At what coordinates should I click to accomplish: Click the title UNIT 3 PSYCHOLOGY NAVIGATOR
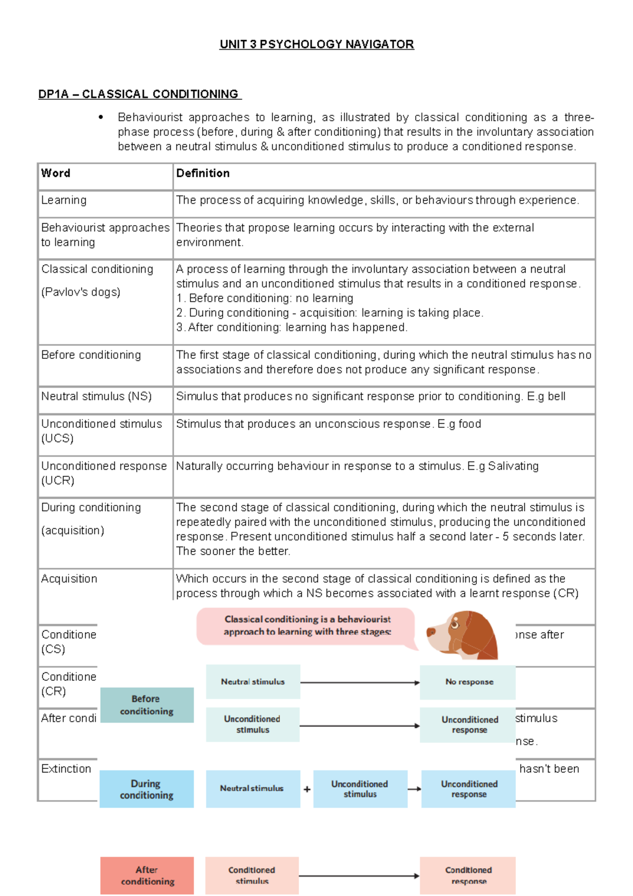coord(316,44)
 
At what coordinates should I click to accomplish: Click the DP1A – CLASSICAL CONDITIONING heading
coord(139,94)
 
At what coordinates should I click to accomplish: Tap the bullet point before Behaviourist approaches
coord(101,117)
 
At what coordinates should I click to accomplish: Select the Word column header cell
coord(56,174)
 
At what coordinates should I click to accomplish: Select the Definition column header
coord(203,174)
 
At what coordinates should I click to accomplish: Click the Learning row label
coord(64,201)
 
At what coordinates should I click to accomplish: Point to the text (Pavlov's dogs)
coord(81,292)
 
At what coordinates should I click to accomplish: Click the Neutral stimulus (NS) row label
coord(97,397)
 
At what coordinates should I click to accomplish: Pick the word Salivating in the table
coord(513,466)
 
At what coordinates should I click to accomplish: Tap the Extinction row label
coord(66,769)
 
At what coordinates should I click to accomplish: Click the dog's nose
coord(430,631)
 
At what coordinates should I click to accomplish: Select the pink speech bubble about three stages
coord(306,626)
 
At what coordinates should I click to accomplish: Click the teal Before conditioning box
coord(147,705)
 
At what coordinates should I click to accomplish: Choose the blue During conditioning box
coord(147,789)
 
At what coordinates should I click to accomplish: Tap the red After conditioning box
coord(147,875)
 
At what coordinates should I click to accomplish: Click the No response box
coord(468,682)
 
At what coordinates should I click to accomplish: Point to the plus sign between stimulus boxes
coord(307,789)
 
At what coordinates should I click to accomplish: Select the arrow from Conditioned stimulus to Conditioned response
coord(359,876)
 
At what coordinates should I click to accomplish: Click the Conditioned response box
coord(468,875)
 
